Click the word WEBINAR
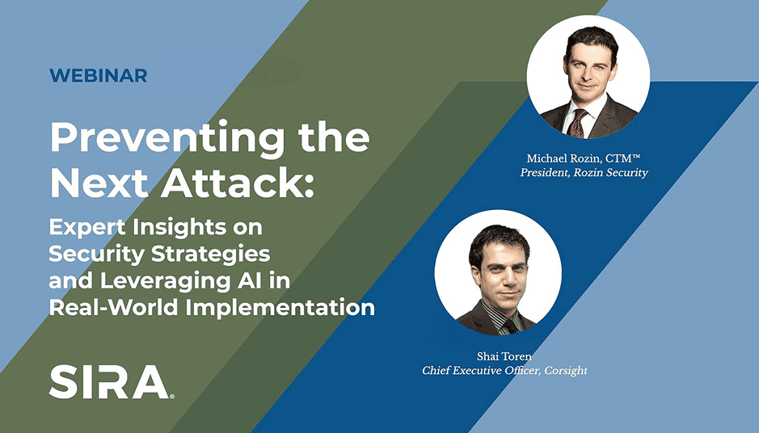pos(99,75)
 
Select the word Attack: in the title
pos(238,183)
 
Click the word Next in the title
pos(99,184)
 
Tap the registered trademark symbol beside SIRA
pos(172,396)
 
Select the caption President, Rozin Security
pos(584,173)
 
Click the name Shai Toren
pos(504,356)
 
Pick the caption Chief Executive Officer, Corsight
pos(504,371)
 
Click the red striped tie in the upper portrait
pos(577,124)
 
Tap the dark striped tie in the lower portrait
pos(509,326)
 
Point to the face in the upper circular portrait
pos(588,69)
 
